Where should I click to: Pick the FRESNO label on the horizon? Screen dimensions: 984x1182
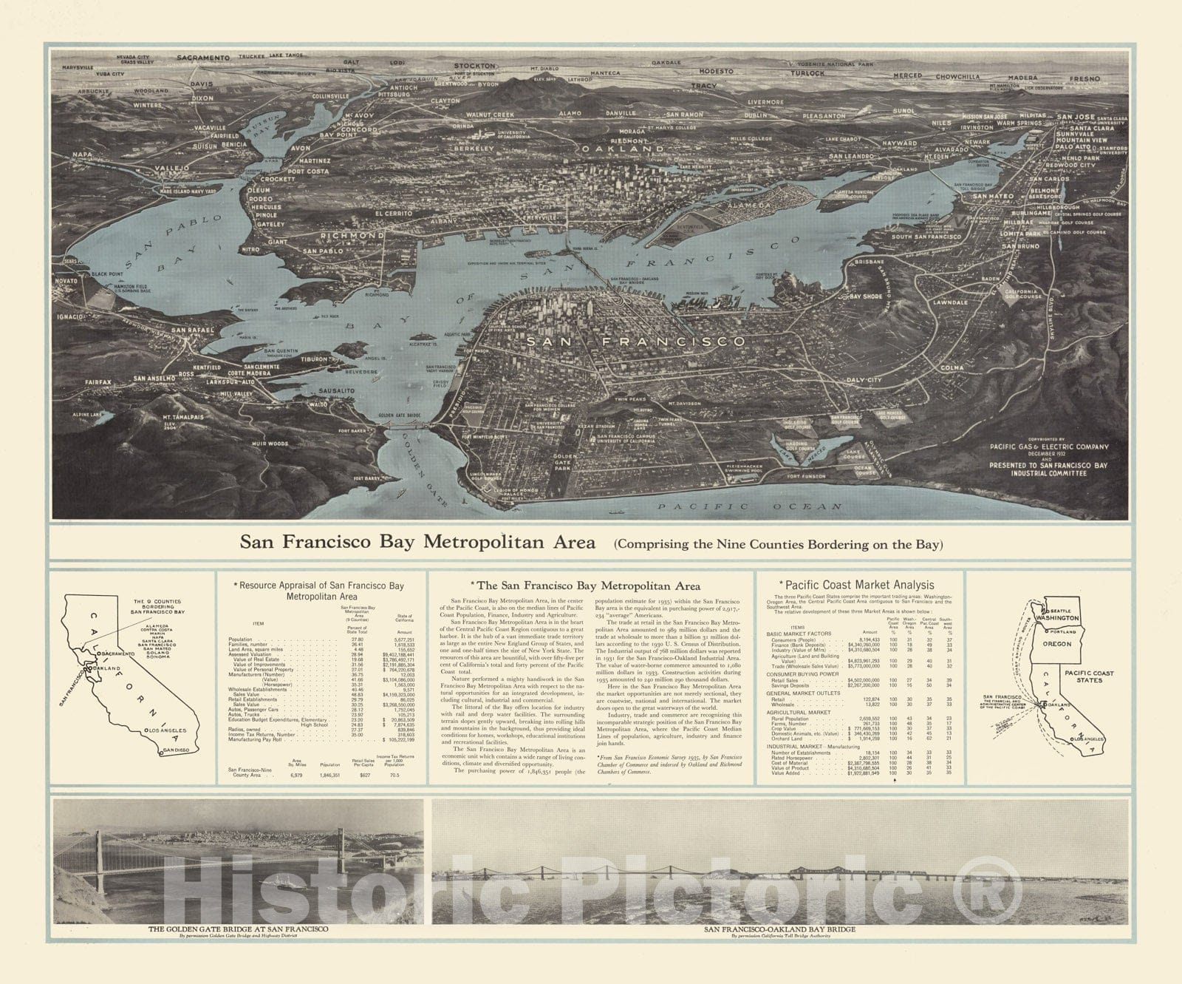pyautogui.click(x=1103, y=78)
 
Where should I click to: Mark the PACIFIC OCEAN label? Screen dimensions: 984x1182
pyautogui.click(x=750, y=506)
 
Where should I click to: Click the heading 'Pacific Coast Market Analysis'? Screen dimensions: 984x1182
pyautogui.click(x=860, y=585)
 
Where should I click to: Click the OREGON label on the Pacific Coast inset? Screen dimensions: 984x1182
pyautogui.click(x=1057, y=643)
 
